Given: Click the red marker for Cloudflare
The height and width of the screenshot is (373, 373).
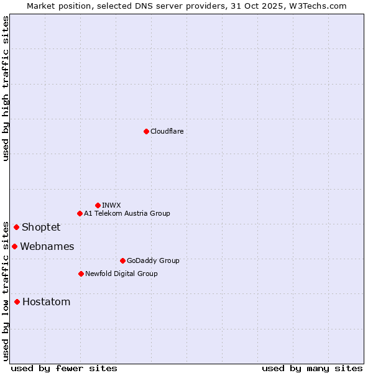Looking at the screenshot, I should click(x=146, y=131).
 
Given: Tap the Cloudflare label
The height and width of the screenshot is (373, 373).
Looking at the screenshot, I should click(x=167, y=131).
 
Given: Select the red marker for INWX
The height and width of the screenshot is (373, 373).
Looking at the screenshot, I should click(x=98, y=205).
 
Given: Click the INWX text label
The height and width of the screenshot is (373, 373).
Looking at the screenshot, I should click(x=112, y=205).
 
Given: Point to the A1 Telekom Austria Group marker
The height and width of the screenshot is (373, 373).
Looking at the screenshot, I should click(x=80, y=213).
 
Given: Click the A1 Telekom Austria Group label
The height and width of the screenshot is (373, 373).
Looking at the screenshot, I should click(x=127, y=213).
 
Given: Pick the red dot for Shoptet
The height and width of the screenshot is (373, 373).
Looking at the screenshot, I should click(x=16, y=227).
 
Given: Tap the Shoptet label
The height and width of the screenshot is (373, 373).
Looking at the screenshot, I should click(x=41, y=227).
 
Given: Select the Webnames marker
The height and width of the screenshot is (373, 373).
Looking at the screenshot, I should click(x=14, y=246).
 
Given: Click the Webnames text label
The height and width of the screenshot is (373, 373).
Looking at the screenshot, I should click(x=47, y=246).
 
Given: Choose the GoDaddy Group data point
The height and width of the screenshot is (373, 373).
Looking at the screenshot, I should click(x=122, y=260).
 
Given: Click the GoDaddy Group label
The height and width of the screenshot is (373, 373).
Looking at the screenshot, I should click(x=153, y=260).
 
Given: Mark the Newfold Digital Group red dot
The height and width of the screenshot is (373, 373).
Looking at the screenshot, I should click(x=81, y=274).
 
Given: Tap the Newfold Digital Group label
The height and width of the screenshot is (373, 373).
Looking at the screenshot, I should click(x=121, y=274).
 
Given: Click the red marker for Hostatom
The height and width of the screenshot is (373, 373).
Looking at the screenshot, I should click(x=17, y=302).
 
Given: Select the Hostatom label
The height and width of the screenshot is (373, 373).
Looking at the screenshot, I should click(x=46, y=302).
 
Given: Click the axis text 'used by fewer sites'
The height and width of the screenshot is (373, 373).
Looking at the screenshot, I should click(x=64, y=368).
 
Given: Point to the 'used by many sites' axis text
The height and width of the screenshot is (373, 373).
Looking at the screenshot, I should click(x=312, y=368).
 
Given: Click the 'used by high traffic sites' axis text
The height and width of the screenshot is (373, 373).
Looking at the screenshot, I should click(x=6, y=88).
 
